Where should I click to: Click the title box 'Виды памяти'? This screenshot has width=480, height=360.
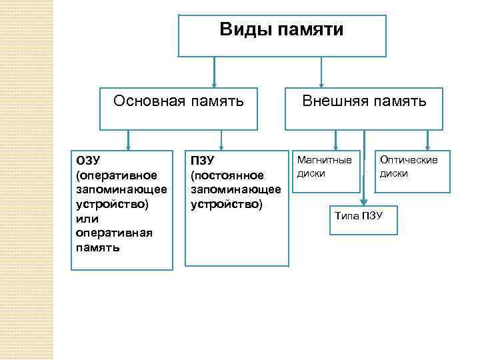[281, 35]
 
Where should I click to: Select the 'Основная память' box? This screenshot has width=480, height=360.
[179, 109]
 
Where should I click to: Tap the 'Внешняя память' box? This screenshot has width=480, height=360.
[364, 109]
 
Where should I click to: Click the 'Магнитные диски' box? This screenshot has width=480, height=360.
[327, 170]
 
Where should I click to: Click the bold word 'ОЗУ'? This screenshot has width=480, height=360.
[89, 161]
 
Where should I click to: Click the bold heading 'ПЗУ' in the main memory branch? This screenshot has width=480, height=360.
[202, 161]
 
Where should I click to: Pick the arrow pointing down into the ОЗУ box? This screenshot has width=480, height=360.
[128, 139]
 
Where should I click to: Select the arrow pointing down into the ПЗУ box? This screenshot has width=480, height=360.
[221, 139]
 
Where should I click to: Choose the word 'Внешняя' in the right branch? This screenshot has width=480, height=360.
[332, 101]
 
